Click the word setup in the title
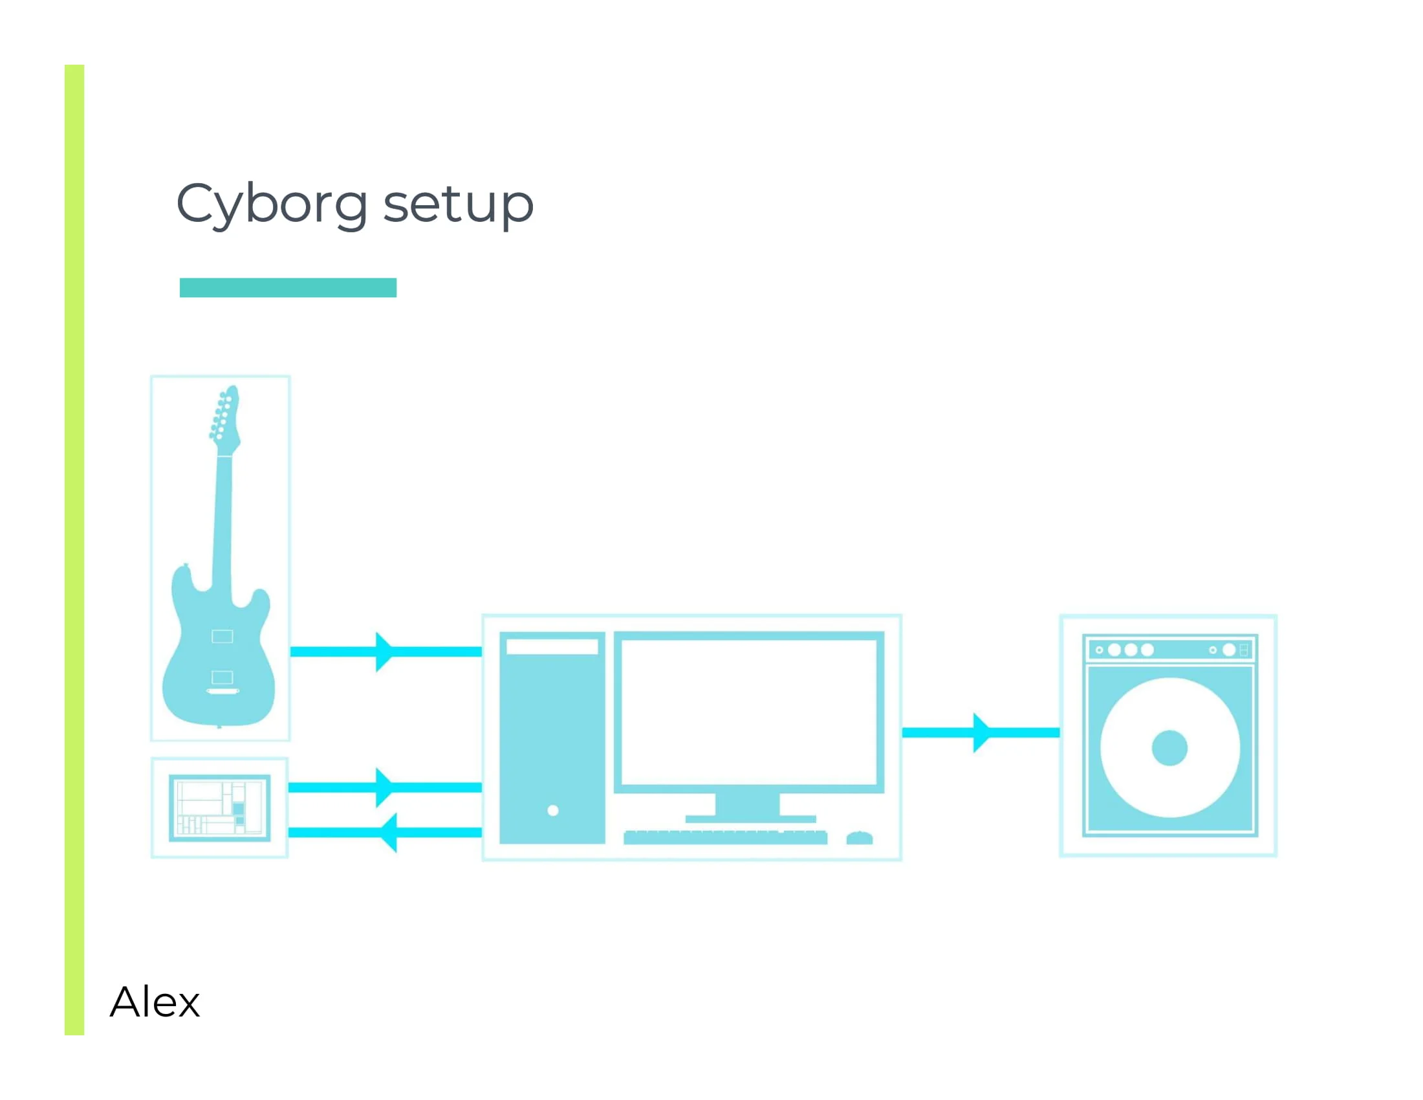[x=458, y=204]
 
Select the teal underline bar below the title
[x=288, y=287]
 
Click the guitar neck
[x=223, y=522]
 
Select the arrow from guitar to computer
[x=386, y=652]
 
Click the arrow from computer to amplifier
[x=981, y=732]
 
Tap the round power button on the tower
[x=553, y=811]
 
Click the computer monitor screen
[x=748, y=712]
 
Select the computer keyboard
[x=725, y=837]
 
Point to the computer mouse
[x=860, y=838]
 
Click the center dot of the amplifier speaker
[x=1169, y=747]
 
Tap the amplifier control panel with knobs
[x=1169, y=650]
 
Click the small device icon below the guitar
[x=219, y=808]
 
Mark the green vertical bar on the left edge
[x=74, y=547]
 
